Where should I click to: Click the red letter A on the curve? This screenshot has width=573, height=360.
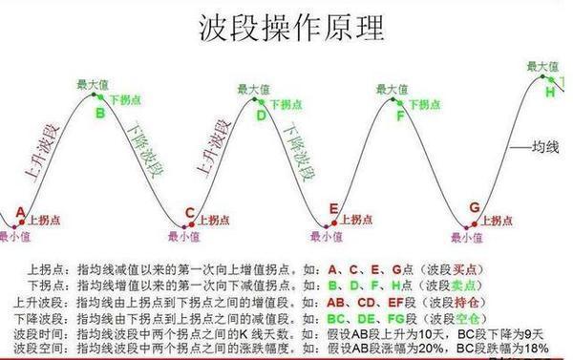[x=20, y=211]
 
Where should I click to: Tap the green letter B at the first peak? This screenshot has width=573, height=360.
[x=98, y=114]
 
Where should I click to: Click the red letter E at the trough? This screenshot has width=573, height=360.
[x=333, y=208]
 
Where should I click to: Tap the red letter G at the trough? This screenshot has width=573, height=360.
[x=474, y=208]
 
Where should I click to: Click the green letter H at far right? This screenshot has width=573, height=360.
[x=550, y=94]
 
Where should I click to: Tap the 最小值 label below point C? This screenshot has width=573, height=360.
[x=183, y=237]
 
